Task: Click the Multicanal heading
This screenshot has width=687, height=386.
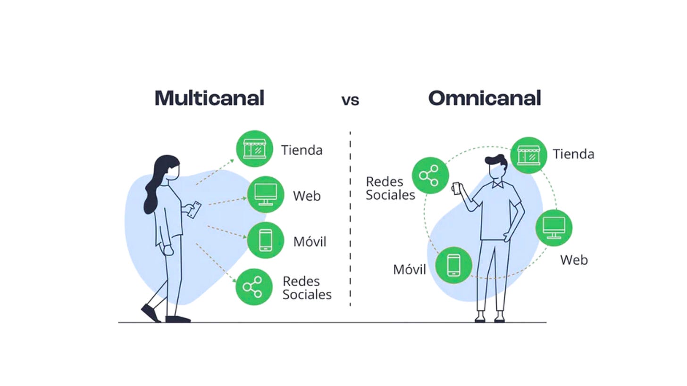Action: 209,98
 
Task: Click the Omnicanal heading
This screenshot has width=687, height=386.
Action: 485,98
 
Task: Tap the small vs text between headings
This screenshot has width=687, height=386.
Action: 350,100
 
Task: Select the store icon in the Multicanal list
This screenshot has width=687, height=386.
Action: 255,149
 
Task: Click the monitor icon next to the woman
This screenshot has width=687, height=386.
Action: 265,195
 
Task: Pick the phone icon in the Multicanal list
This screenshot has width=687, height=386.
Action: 266,240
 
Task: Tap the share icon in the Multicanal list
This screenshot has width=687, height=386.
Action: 254,287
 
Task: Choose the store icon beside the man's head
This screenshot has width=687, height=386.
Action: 528,155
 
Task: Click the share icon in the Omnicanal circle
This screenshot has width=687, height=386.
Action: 430,175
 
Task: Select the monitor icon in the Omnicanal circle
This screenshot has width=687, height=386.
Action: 554,228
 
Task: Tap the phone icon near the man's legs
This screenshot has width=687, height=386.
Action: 453,265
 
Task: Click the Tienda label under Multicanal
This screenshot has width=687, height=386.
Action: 302,150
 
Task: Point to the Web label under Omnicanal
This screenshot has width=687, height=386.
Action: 574,260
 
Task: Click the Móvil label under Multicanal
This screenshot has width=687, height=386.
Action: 310,242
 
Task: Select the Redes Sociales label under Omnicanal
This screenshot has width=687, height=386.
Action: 390,189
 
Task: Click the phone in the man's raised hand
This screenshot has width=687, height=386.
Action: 455,188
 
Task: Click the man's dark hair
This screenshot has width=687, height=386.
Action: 497,160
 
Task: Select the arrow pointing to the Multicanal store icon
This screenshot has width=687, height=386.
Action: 215,172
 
